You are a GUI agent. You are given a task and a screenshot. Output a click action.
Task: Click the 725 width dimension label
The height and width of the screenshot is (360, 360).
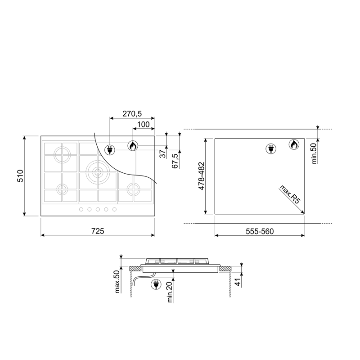[98, 231]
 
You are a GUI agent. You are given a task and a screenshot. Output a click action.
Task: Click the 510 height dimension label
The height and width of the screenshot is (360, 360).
[20, 176]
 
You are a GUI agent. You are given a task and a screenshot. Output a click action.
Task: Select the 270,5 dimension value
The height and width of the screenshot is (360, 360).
[132, 113]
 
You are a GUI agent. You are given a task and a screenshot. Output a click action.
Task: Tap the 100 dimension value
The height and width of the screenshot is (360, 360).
[143, 125]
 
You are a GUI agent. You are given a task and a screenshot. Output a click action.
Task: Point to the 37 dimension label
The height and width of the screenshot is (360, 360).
[162, 153]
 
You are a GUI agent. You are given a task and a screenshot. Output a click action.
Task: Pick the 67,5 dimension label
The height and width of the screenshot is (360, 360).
[176, 161]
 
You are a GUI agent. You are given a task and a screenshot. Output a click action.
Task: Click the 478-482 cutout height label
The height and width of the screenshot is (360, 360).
[201, 176]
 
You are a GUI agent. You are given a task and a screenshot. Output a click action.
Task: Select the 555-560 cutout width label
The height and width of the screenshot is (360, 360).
[260, 231]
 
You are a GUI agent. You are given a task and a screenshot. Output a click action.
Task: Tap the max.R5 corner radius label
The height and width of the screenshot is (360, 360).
[290, 194]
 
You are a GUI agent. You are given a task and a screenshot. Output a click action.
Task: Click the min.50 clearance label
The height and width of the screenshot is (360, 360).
[314, 153]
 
